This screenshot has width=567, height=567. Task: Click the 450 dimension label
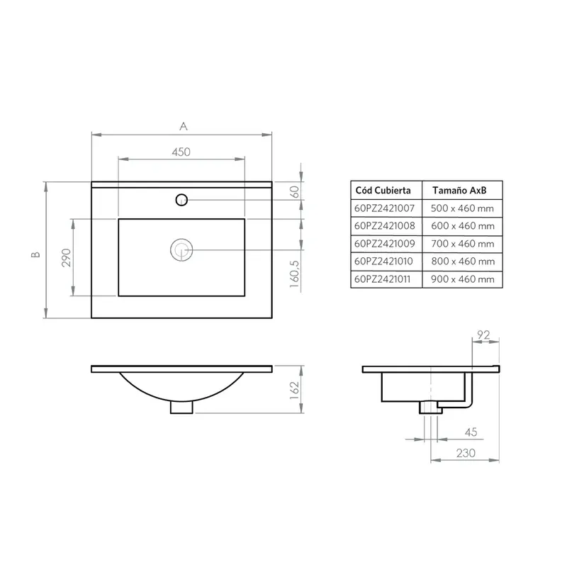[181, 152]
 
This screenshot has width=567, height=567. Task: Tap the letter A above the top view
[184, 126]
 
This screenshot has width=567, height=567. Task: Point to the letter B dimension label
[35, 254]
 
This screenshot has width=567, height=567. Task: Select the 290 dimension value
[67, 257]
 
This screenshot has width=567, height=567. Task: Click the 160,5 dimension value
[295, 274]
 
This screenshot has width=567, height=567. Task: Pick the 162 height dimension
[294, 391]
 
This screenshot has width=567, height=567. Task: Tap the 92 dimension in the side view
[483, 335]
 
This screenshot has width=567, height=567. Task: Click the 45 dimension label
[471, 432]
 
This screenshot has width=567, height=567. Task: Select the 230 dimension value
[466, 453]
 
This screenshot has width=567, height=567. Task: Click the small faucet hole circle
[181, 200]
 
